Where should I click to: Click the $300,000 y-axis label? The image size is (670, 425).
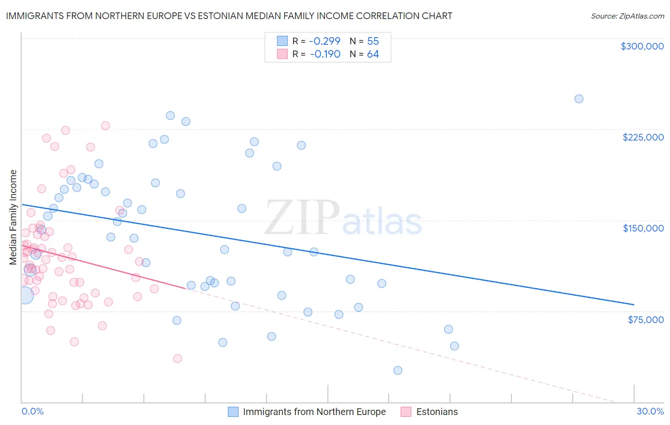click(x=642, y=46)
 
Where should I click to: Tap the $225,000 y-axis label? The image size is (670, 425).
click(x=643, y=137)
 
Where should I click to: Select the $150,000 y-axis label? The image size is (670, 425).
click(x=643, y=228)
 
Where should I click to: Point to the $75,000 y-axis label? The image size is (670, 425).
click(x=645, y=320)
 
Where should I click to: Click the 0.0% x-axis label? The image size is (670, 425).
click(x=32, y=412)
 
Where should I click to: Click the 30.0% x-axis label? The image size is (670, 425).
click(x=650, y=412)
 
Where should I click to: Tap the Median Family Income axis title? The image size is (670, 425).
click(x=13, y=217)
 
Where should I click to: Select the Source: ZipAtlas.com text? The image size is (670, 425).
click(x=627, y=16)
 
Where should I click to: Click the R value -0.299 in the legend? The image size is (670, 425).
click(x=325, y=41)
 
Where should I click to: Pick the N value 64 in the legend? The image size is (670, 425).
click(x=373, y=54)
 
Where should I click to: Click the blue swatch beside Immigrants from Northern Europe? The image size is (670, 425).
click(x=233, y=412)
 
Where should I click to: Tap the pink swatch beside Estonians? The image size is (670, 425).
click(x=406, y=412)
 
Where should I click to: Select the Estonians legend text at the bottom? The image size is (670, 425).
click(x=437, y=412)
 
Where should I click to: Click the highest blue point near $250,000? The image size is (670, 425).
click(x=579, y=99)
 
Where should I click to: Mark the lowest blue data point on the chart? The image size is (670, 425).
click(x=398, y=370)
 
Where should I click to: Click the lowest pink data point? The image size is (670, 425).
click(x=177, y=358)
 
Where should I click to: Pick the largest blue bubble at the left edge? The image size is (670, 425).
click(x=25, y=295)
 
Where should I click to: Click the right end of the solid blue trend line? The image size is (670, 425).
click(x=634, y=304)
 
